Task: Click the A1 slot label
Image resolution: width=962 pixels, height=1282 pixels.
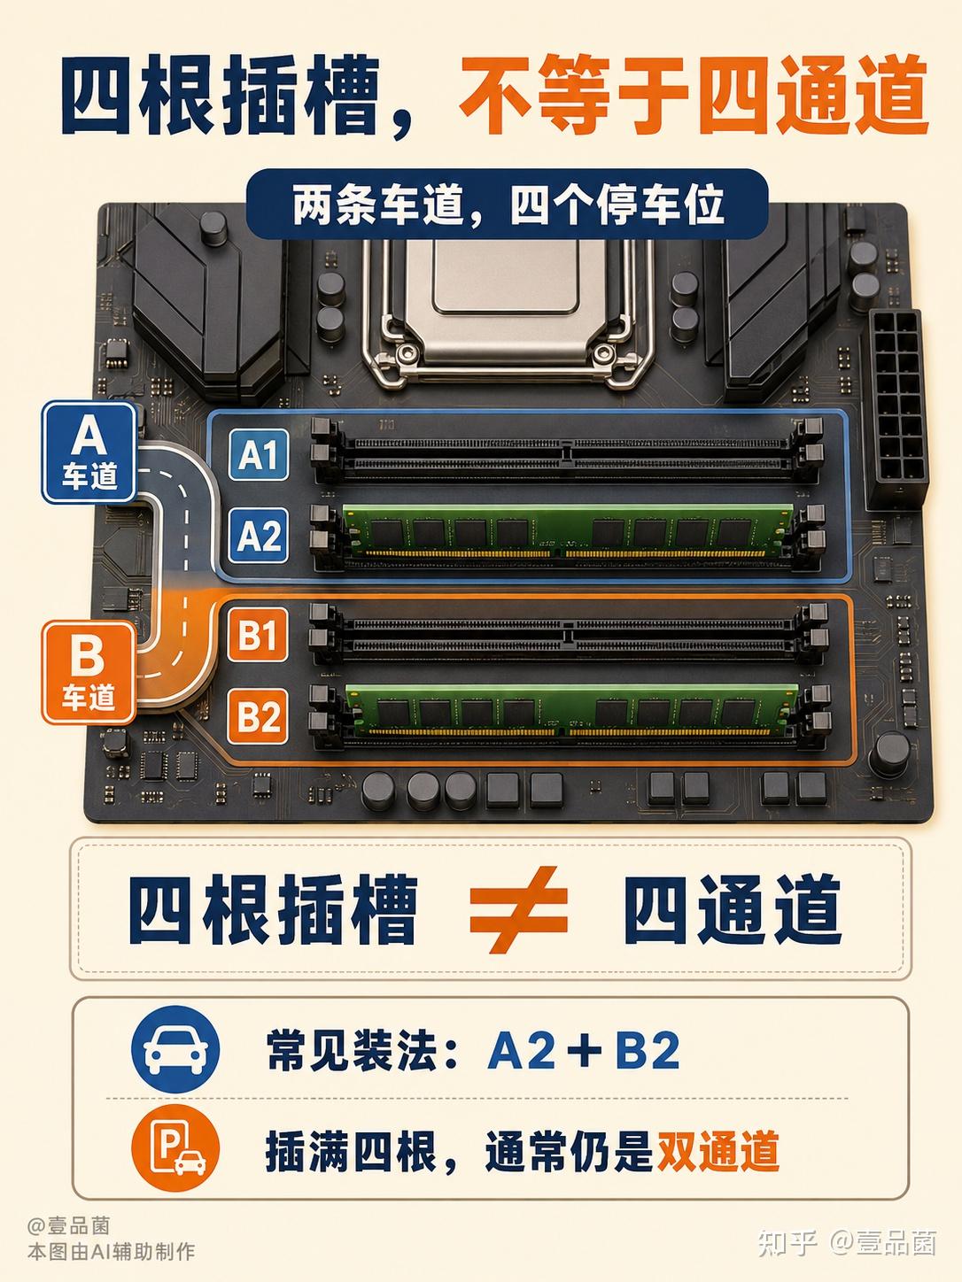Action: (x=258, y=454)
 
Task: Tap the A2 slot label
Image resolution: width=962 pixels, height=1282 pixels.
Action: (x=258, y=535)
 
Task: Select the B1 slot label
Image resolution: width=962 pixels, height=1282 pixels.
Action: (x=258, y=634)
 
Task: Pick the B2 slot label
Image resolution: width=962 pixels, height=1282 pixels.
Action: (x=258, y=716)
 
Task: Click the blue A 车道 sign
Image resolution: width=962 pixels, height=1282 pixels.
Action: (x=89, y=452)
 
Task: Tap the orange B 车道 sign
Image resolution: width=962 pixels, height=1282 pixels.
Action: (x=89, y=673)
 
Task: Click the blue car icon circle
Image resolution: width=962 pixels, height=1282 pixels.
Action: (x=175, y=1049)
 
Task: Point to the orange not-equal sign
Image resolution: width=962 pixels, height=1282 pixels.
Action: (x=519, y=908)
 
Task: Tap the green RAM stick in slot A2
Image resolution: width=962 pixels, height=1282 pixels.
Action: (x=567, y=531)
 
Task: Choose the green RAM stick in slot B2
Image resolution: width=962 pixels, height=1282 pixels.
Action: (x=571, y=710)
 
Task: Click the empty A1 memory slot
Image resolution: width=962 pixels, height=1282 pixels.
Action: (x=567, y=452)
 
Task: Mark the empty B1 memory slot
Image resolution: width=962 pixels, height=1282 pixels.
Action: (x=570, y=633)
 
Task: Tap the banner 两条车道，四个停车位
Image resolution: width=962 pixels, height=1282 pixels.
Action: (x=507, y=205)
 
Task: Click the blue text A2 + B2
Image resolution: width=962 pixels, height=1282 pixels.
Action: (x=584, y=1050)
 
